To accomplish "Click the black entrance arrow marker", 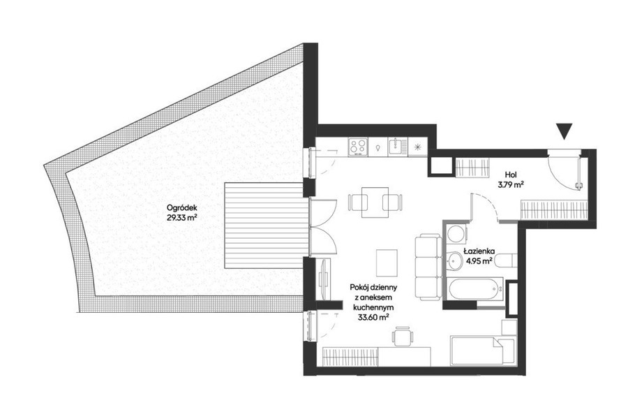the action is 564,131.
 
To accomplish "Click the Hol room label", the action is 510,175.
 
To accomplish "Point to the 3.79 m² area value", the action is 511,184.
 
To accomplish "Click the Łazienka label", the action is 479,251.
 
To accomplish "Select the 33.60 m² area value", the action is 373,317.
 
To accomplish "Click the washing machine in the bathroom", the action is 456,233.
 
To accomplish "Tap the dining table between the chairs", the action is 375,202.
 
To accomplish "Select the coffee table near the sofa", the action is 387,263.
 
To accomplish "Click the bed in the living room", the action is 483,351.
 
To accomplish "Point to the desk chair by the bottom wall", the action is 402,337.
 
